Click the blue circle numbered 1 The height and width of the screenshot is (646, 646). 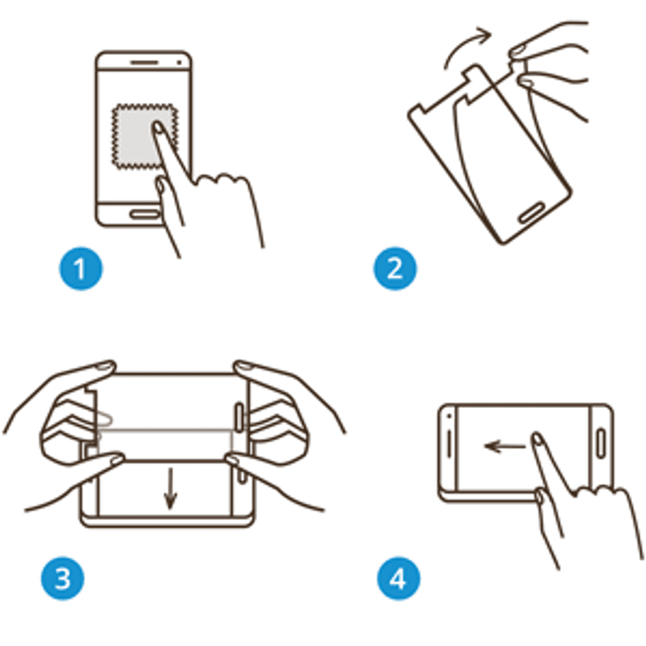click(81, 269)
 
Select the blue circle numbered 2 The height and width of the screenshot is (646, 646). click(395, 269)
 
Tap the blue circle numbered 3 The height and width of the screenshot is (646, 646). click(62, 578)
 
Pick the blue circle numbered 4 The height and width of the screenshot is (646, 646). click(398, 578)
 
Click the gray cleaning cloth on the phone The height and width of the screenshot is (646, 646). click(145, 136)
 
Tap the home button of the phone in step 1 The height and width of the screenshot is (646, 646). click(145, 214)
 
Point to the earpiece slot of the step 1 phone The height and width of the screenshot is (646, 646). click(144, 63)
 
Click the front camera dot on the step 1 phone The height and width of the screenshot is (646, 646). click(179, 63)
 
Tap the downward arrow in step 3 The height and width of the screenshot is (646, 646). click(170, 488)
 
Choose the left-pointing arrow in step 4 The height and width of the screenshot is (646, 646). click(505, 445)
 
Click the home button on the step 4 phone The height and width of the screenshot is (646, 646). click(601, 444)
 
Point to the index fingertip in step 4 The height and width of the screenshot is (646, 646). click(536, 438)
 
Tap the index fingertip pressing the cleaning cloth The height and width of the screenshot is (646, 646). click(157, 128)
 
